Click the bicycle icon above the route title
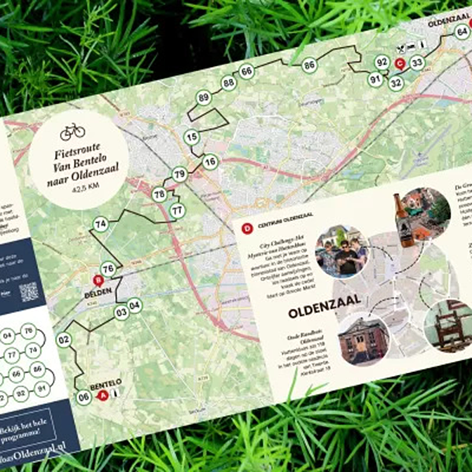[x=72, y=130]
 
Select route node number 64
[x=462, y=31]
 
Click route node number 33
[x=417, y=62]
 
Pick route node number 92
[x=382, y=61]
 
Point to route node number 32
[x=396, y=81]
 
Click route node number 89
[x=204, y=98]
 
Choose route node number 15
[x=191, y=138]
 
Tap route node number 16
[x=209, y=162]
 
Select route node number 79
[x=179, y=174]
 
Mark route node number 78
[x=160, y=194]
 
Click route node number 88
[x=228, y=83]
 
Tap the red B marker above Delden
[x=98, y=281]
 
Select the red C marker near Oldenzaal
[x=400, y=63]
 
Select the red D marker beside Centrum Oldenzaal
[x=246, y=229]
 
